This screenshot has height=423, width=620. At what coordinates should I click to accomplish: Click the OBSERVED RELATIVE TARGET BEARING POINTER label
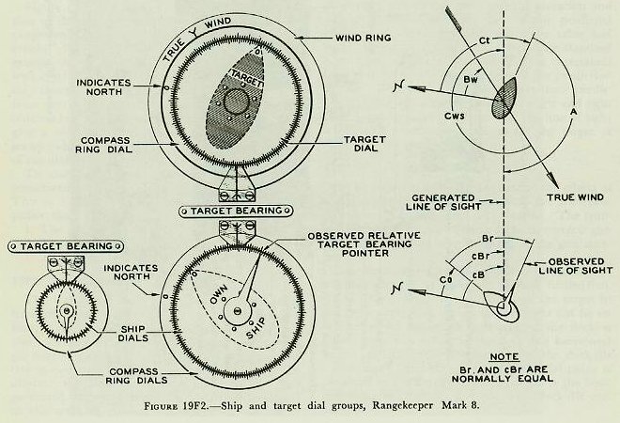[x=353, y=243]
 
